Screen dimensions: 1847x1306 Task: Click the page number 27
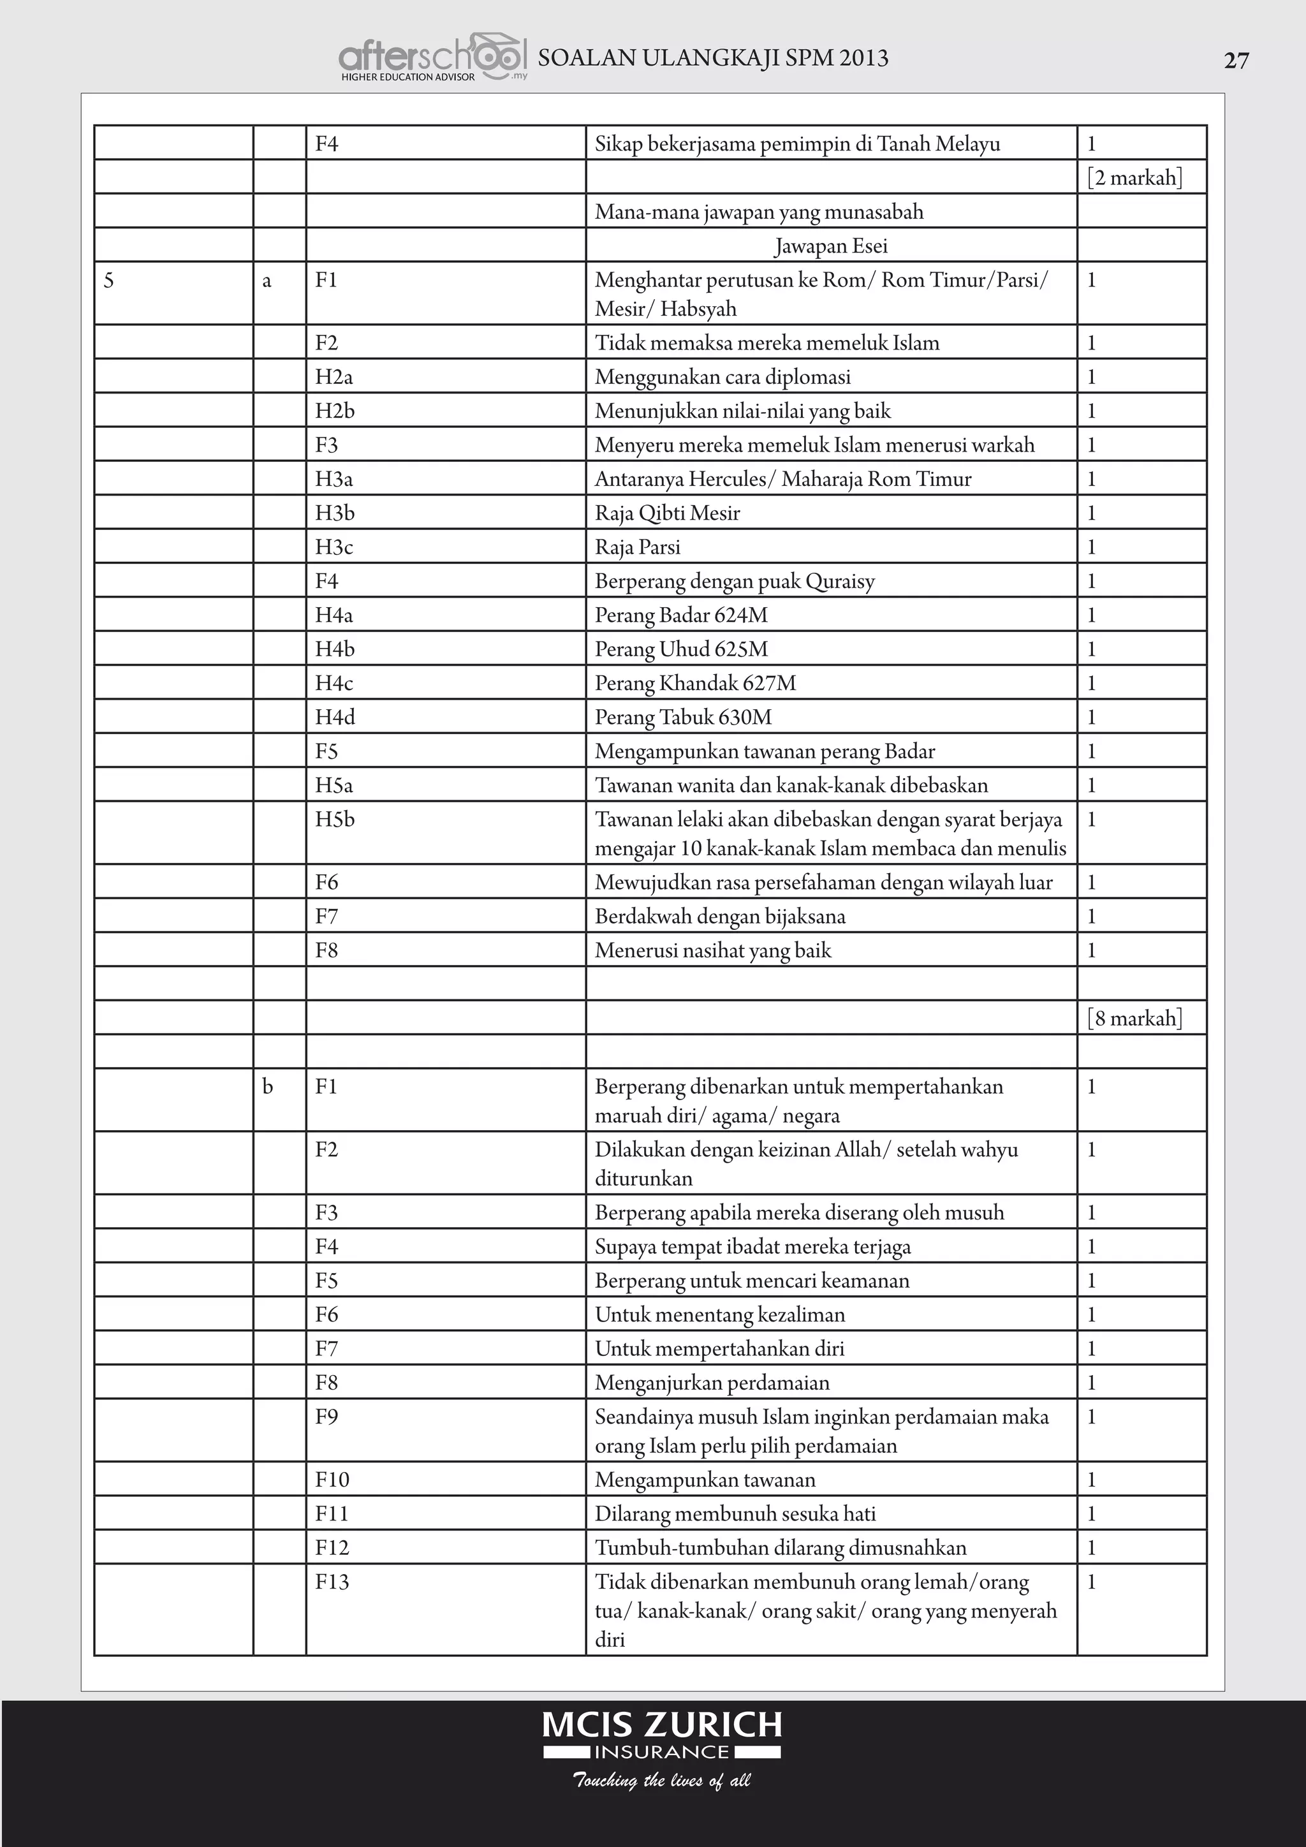[x=1236, y=61]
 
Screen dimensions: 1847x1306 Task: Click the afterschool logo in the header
[x=432, y=58]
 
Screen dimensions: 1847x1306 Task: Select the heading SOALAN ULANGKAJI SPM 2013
[x=712, y=58]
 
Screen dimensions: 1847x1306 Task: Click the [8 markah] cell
[x=1134, y=1019]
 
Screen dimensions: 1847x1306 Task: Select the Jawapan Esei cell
[x=831, y=246]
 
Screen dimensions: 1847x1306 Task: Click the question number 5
[x=110, y=281]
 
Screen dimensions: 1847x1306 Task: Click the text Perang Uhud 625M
[x=681, y=649]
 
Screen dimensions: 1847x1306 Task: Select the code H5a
[x=334, y=785]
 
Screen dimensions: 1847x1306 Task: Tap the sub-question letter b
[x=268, y=1087]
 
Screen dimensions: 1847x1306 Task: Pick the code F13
[x=332, y=1582]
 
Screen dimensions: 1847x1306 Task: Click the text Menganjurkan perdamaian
[x=712, y=1383]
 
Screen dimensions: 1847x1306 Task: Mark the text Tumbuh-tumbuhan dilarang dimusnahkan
[x=780, y=1548]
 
